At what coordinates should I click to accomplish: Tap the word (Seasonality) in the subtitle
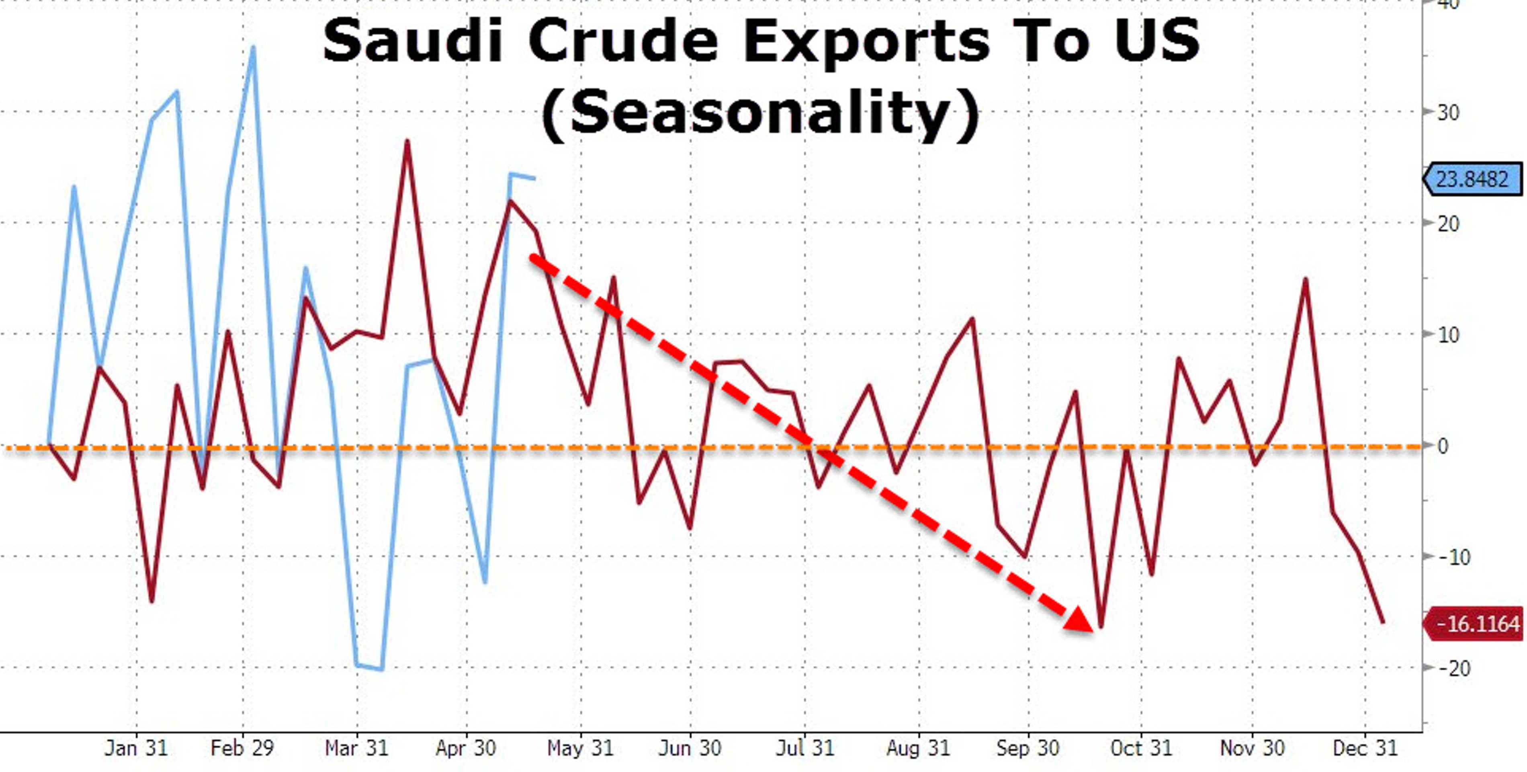click(x=761, y=113)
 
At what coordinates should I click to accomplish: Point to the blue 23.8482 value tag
click(x=1472, y=179)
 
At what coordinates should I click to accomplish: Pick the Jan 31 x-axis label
click(x=136, y=748)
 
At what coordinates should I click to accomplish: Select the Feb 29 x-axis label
click(x=242, y=748)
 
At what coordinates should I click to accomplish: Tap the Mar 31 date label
click(x=356, y=748)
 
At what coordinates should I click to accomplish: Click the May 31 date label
click(x=580, y=748)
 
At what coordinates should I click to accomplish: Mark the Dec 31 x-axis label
click(x=1365, y=748)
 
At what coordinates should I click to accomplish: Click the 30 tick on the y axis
click(x=1448, y=113)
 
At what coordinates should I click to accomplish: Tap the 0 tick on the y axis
click(x=1443, y=446)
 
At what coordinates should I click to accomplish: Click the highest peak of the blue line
click(x=254, y=47)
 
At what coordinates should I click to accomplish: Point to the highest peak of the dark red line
click(x=407, y=141)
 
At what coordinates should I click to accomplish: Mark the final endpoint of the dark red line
click(x=1384, y=622)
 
